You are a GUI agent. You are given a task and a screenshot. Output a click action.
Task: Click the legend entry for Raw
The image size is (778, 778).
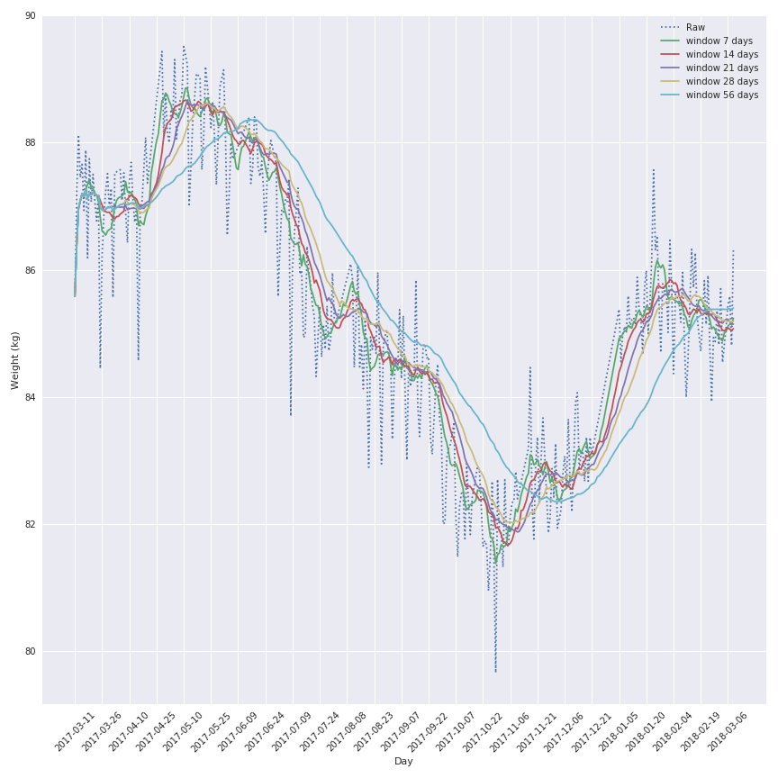[695, 27]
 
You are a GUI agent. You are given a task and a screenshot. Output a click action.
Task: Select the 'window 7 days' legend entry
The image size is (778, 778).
[719, 41]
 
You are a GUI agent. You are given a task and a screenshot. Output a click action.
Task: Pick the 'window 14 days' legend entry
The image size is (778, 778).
[721, 54]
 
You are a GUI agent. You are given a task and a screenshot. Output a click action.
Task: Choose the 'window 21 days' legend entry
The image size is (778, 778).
[721, 68]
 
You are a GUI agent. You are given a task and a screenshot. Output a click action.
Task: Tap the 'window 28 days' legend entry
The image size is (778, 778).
[721, 81]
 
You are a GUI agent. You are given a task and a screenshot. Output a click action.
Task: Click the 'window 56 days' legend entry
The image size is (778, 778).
[721, 95]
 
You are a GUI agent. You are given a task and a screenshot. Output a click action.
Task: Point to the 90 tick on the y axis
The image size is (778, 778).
[31, 16]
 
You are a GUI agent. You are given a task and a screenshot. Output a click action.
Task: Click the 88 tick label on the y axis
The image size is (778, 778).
[31, 143]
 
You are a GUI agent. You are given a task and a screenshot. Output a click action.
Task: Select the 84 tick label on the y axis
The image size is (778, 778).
[31, 397]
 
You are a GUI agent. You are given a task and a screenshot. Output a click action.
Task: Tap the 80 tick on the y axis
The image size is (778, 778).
[31, 651]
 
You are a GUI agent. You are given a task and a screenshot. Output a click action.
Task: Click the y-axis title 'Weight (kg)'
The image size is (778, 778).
[15, 360]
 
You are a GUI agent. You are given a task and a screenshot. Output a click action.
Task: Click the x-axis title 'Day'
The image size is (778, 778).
[403, 762]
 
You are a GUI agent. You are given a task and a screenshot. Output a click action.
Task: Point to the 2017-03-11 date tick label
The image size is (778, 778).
[76, 731]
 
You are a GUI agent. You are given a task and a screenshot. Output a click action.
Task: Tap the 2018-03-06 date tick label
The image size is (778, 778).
[729, 731]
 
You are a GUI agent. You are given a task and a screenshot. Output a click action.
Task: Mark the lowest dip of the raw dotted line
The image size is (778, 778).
[494, 672]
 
